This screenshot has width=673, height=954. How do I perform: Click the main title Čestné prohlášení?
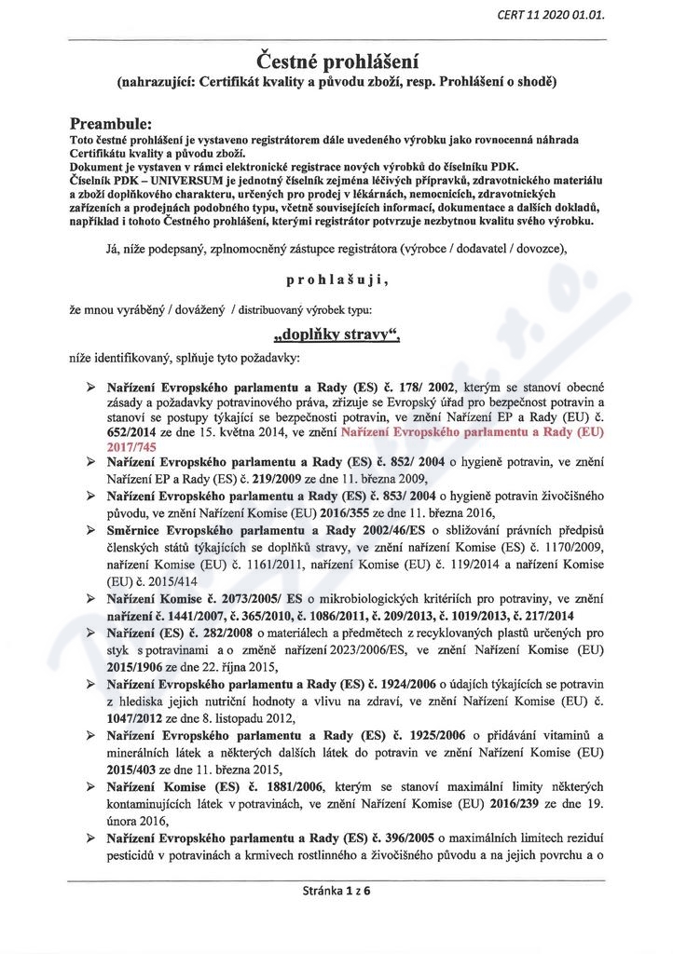pos(336,61)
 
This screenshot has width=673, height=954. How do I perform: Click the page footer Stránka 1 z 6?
pos(336,891)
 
